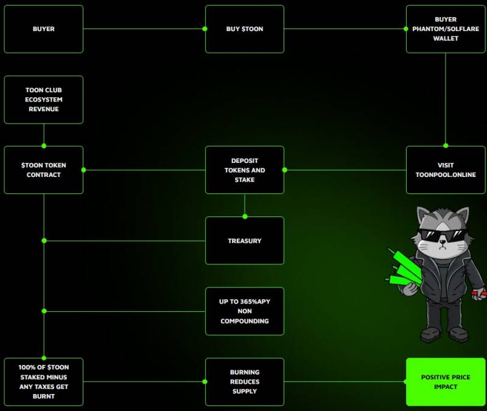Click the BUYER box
43,29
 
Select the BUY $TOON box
245,29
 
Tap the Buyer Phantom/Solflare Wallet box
446,29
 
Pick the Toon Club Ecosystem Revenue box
43,100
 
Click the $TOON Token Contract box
43,170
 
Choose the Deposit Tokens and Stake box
245,170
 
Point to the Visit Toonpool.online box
446,170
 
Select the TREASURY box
245,241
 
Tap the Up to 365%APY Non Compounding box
245,311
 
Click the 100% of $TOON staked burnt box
43,382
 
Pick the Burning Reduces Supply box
245,382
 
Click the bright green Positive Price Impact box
446,382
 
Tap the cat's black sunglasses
443,237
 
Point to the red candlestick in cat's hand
478,293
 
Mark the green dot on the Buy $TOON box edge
205,29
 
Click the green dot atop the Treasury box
245,216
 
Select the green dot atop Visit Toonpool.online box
446,146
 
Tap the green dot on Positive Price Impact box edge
406,382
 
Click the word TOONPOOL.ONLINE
446,175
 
